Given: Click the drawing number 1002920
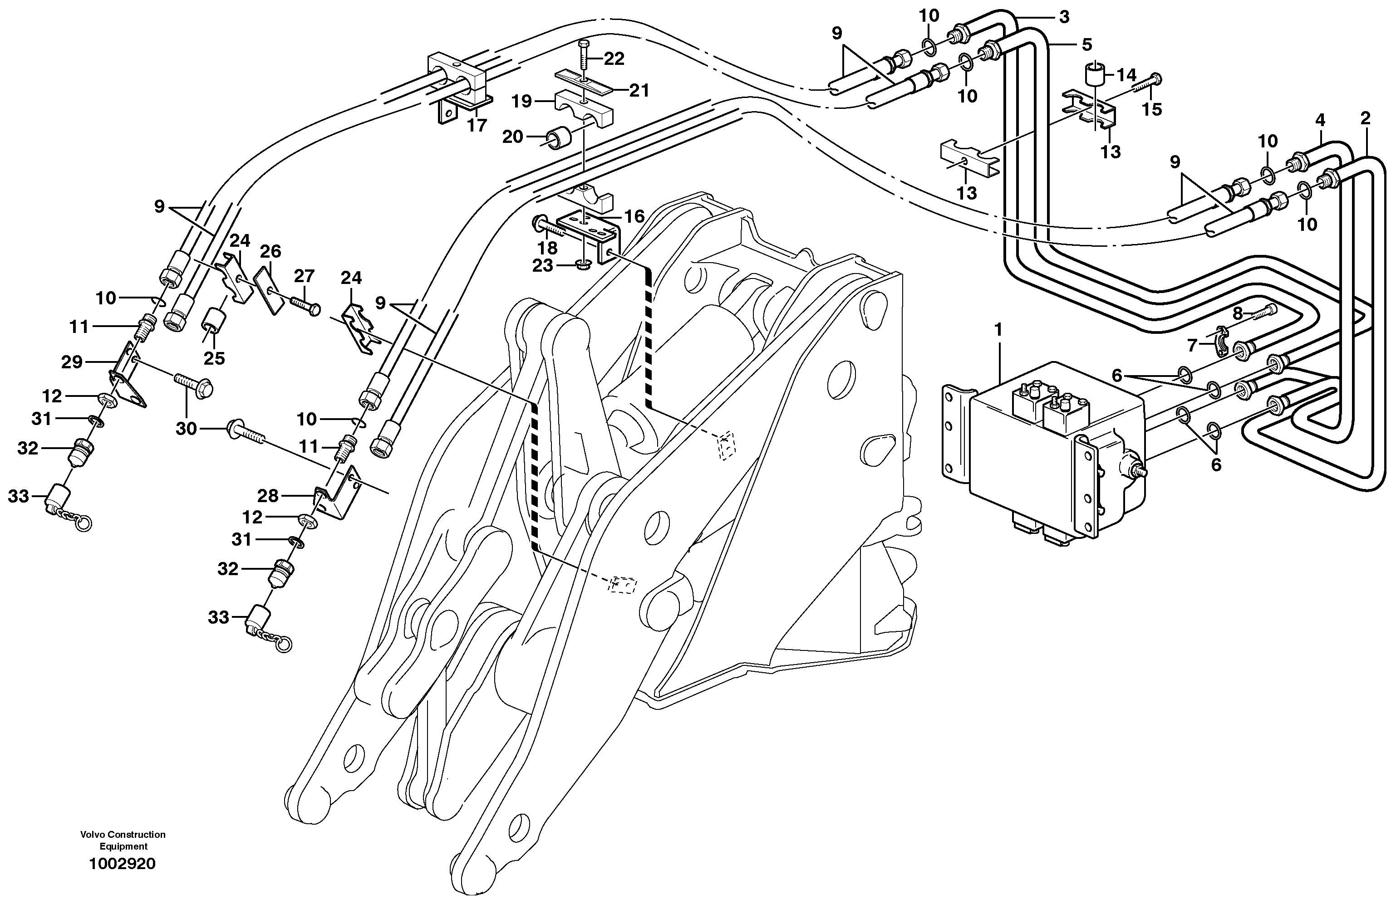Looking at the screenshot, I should pos(123,864).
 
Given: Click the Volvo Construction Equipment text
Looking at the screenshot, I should pos(123,840).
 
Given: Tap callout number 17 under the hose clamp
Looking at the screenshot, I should pos(477,126).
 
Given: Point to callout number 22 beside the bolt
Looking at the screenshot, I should pos(614,59).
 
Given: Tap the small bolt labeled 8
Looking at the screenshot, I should pos(1261,313).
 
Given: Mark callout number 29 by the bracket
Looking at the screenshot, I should pos(72,362).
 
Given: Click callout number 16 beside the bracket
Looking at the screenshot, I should pos(634,217).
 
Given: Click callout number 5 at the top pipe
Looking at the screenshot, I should pos(1086,44).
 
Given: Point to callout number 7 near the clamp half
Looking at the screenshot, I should pos(1191,346).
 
